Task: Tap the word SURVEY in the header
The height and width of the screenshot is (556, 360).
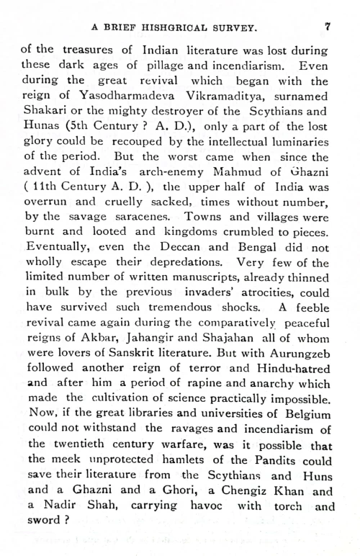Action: (231, 29)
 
